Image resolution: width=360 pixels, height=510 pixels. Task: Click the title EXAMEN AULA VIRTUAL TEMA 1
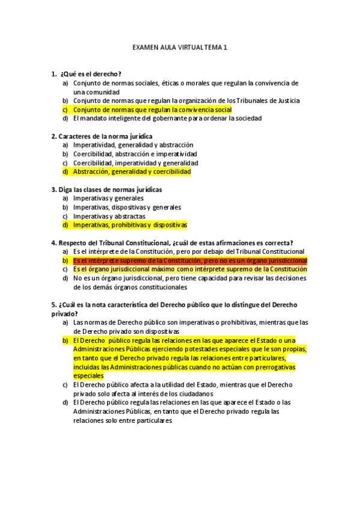180,46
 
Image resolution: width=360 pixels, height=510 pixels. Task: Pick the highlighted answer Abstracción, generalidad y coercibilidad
132,172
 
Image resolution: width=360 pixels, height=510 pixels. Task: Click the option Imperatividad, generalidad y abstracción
133,145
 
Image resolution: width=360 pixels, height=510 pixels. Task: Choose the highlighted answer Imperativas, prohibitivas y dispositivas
130,225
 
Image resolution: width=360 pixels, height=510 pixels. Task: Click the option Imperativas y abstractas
109,216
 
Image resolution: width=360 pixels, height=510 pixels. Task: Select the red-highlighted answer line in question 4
190,260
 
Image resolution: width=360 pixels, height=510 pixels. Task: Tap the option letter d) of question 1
65,118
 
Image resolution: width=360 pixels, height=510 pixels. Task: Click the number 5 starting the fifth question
53,305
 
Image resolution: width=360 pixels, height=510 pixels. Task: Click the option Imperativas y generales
108,198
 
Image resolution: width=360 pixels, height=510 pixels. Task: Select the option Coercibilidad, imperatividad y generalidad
135,163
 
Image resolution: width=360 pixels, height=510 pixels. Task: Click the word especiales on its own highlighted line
88,375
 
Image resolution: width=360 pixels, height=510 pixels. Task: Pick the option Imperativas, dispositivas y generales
127,207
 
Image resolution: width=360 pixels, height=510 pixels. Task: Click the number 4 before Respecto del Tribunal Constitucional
53,243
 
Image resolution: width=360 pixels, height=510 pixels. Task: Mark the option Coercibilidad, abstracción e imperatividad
135,154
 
